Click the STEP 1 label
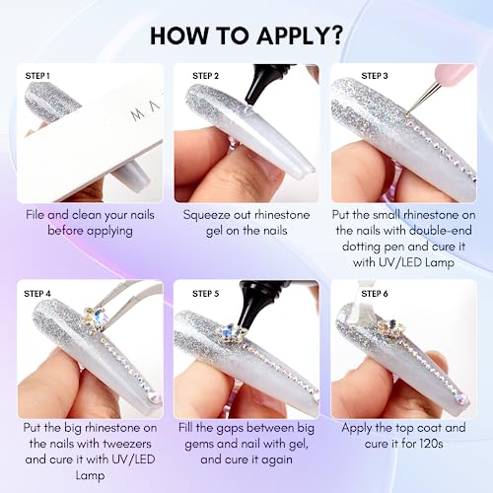pyautogui.click(x=37, y=76)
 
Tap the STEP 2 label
pyautogui.click(x=205, y=76)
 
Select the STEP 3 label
pyautogui.click(x=375, y=76)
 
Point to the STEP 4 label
pyautogui.click(x=37, y=294)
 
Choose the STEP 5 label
pyautogui.click(x=205, y=294)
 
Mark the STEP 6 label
pyautogui.click(x=375, y=294)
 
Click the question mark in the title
pyautogui.click(x=335, y=35)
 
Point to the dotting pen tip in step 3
pyautogui.click(x=407, y=114)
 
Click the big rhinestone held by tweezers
pyautogui.click(x=94, y=317)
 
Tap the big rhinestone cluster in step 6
pyautogui.click(x=391, y=327)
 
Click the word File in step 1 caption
pyautogui.click(x=35, y=215)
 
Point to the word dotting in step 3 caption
pyautogui.click(x=362, y=246)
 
